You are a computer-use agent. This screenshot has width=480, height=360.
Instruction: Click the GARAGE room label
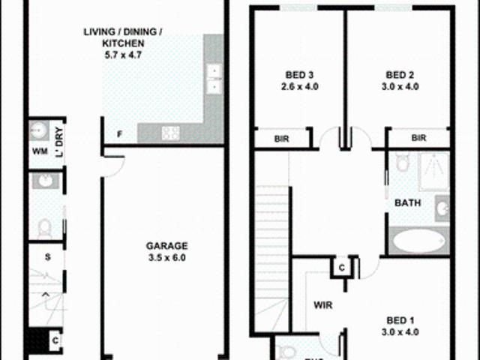pyautogui.click(x=166, y=245)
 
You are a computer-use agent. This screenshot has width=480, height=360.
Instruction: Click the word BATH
pyautogui.click(x=407, y=202)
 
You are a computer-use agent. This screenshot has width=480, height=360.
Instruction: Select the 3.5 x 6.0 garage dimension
pyautogui.click(x=166, y=257)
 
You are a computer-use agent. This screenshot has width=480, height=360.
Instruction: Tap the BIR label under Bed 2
pyautogui.click(x=418, y=138)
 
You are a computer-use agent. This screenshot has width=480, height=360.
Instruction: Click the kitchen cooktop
pyautogui.click(x=169, y=133)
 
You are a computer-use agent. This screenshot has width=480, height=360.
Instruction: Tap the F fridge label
pyautogui.click(x=119, y=135)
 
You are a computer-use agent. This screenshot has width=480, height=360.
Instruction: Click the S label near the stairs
pyautogui.click(x=46, y=258)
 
